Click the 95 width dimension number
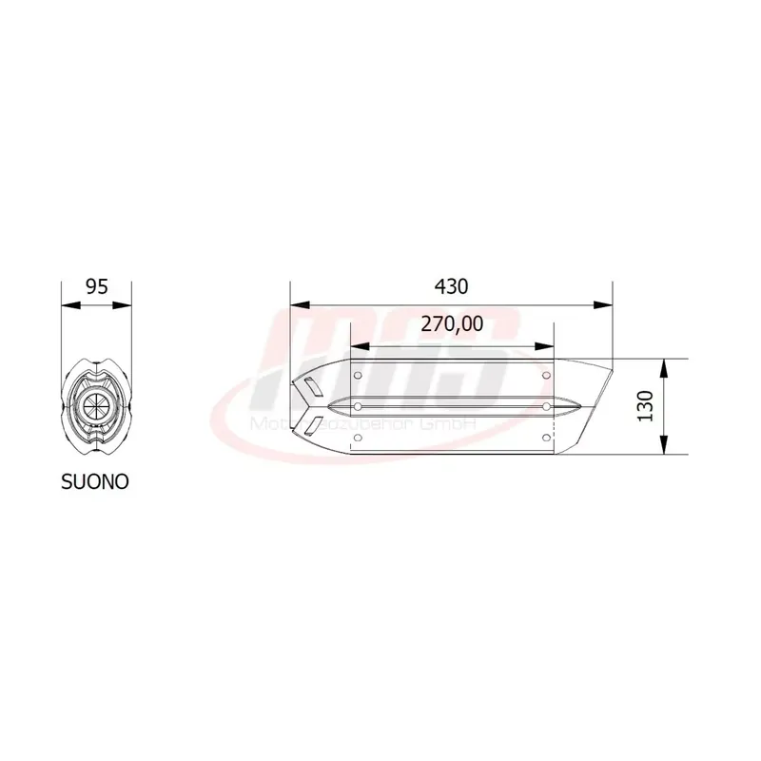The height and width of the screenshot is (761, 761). [x=95, y=285]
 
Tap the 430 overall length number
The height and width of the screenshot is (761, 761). [x=451, y=285]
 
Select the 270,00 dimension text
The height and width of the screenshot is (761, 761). [x=452, y=325]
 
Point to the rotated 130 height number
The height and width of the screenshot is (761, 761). [x=646, y=406]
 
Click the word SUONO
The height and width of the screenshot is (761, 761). [x=94, y=481]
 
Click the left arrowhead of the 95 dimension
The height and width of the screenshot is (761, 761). [x=67, y=305]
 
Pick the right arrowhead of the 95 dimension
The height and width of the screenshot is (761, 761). [x=124, y=305]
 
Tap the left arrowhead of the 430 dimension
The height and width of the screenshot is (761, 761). [x=298, y=305]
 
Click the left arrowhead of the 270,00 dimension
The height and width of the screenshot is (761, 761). [x=359, y=345]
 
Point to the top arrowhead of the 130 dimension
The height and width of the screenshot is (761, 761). [x=664, y=365]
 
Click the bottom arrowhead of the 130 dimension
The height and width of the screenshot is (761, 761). [x=664, y=448]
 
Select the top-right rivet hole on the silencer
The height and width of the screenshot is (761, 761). [x=546, y=377]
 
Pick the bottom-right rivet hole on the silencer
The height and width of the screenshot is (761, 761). [x=546, y=438]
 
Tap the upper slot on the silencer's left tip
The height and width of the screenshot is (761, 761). [x=309, y=387]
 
